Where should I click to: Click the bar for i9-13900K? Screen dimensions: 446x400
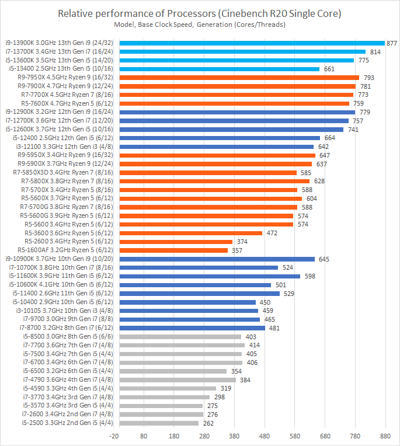pos(251,43)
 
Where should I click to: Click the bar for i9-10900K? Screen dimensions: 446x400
pos(216,259)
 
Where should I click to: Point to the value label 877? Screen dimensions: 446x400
pos(392,43)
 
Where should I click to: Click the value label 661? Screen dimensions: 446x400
pos(329,69)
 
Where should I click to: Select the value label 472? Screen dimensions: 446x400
pos(288,233)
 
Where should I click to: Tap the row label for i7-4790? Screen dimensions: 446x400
pos(68,379)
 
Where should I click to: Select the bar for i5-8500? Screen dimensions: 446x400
pos(179,336)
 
